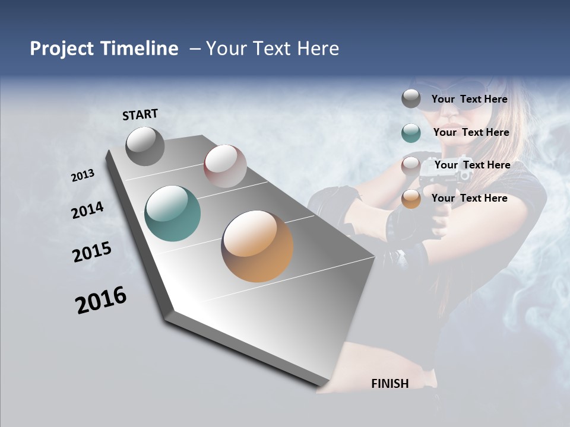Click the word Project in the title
pyautogui.click(x=62, y=49)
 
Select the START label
pyautogui.click(x=140, y=114)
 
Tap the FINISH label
pyautogui.click(x=390, y=383)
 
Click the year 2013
pyautogui.click(x=83, y=176)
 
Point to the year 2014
pyautogui.click(x=88, y=211)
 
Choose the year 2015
pyautogui.click(x=92, y=252)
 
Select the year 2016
pyautogui.click(x=101, y=300)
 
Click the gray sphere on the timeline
pyautogui.click(x=145, y=146)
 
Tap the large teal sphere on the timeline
pyautogui.click(x=173, y=213)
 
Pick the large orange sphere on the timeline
pyautogui.click(x=257, y=246)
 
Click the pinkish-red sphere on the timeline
pyautogui.click(x=225, y=166)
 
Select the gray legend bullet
pyautogui.click(x=411, y=99)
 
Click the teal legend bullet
pyautogui.click(x=411, y=133)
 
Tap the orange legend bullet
pyautogui.click(x=411, y=199)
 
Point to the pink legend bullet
pyautogui.click(x=411, y=166)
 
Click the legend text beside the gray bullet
pyautogui.click(x=469, y=99)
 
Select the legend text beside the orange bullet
pyautogui.click(x=469, y=198)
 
